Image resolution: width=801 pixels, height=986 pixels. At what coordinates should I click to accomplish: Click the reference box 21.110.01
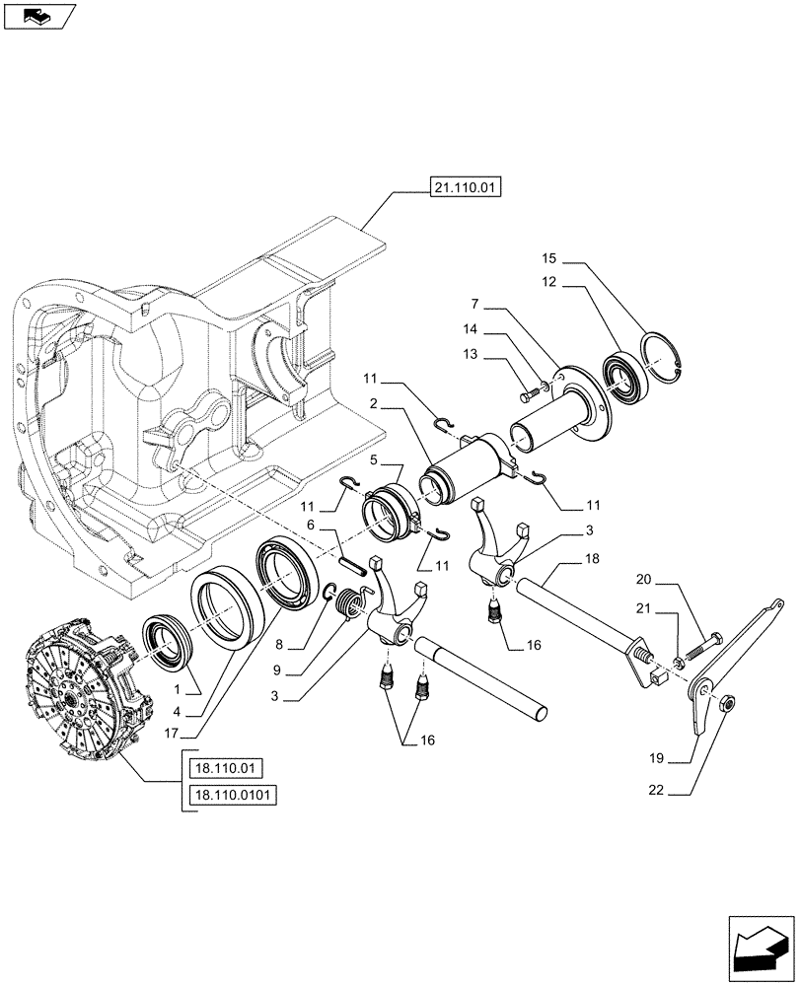[464, 185]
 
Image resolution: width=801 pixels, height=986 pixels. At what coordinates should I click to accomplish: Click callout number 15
[548, 258]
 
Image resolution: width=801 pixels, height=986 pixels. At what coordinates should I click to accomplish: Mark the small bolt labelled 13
[525, 395]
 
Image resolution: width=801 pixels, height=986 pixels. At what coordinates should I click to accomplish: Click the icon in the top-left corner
[38, 16]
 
